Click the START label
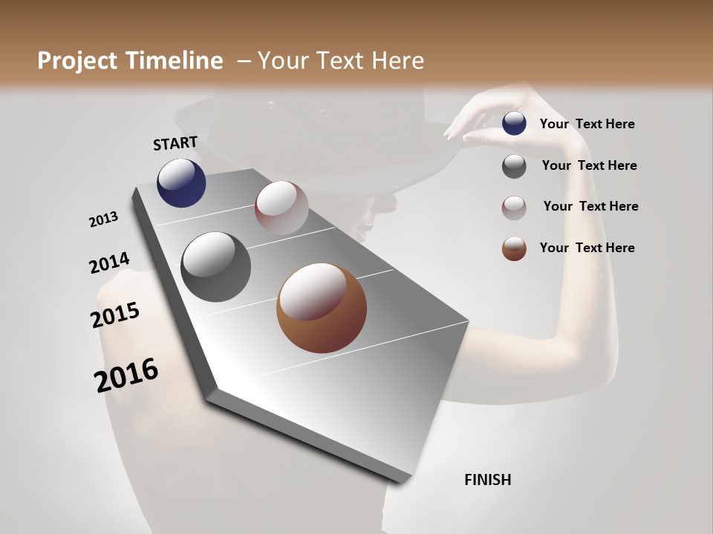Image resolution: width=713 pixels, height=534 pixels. (x=175, y=143)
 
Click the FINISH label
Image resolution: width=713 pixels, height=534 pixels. (x=487, y=480)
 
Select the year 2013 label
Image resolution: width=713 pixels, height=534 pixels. (x=103, y=220)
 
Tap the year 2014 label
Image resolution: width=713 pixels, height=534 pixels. (x=109, y=263)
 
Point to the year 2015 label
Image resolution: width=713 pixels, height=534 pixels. (x=115, y=315)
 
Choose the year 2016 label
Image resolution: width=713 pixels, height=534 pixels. (x=126, y=375)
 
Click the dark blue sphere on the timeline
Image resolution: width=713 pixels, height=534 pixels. (x=181, y=183)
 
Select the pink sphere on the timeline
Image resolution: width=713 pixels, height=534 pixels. (x=281, y=208)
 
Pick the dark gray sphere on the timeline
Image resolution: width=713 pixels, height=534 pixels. (x=216, y=267)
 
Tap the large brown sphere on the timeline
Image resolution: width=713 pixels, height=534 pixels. (x=322, y=308)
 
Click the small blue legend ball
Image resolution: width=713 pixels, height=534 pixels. (x=514, y=123)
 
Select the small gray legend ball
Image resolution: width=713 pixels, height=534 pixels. (x=514, y=166)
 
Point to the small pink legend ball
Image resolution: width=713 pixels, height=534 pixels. (x=514, y=208)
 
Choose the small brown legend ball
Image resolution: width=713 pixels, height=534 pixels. (x=514, y=248)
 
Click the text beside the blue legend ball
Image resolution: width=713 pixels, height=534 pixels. (x=587, y=124)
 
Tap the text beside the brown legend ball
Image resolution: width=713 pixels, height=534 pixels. (x=587, y=248)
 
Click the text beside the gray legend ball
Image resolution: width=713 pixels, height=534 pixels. (x=589, y=165)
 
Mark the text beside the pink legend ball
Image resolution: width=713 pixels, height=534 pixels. (x=590, y=206)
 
